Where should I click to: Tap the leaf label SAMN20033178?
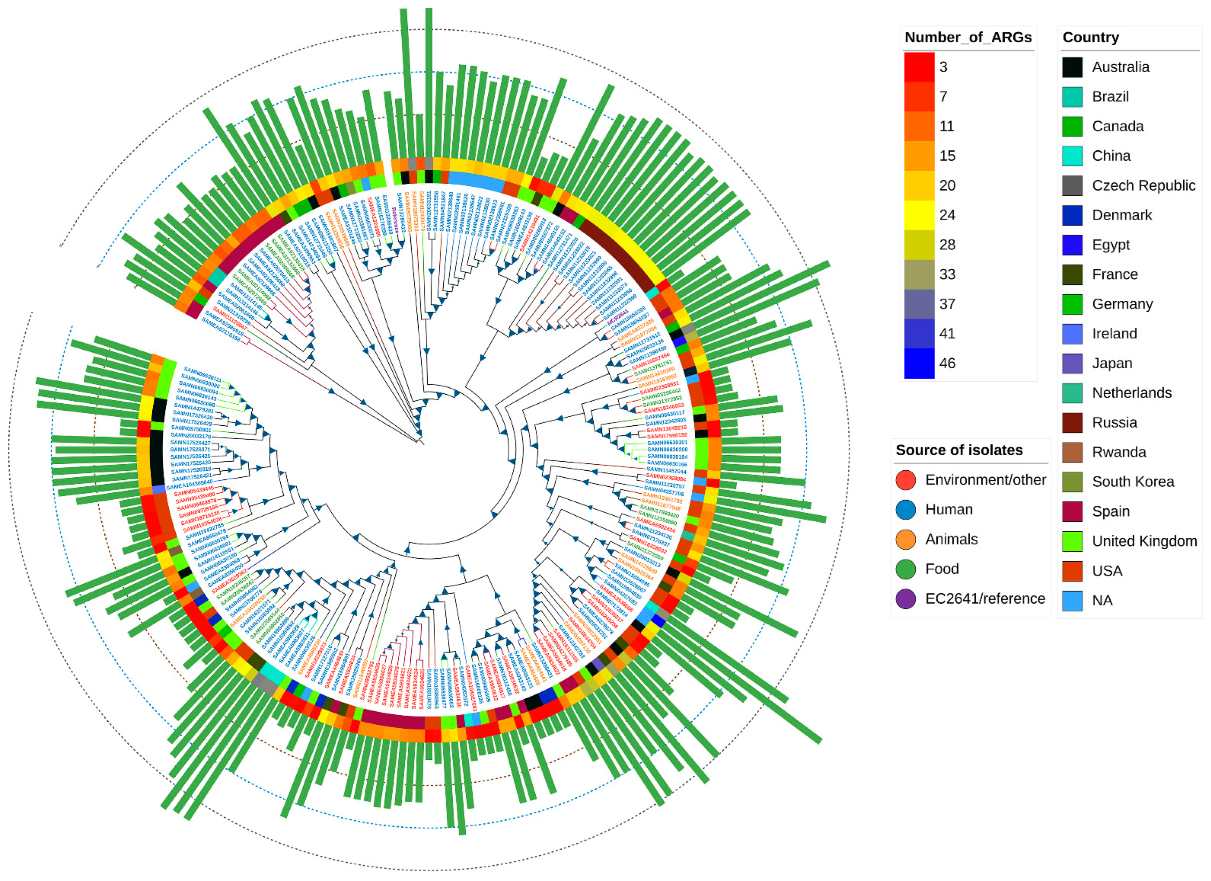191,436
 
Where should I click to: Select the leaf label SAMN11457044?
667,471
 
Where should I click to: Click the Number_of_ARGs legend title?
968,37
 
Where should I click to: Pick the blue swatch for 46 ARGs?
919,363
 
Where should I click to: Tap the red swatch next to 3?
919,67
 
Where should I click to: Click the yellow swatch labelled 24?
919,215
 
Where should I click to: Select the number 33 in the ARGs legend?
947,274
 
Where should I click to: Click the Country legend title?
1090,37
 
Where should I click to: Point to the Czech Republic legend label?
1143,185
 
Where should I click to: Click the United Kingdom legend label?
1144,541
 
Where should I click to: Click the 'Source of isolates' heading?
959,450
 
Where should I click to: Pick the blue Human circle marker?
906,509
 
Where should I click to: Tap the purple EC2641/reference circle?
906,599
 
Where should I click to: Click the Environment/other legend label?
985,479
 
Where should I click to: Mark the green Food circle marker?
906,569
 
